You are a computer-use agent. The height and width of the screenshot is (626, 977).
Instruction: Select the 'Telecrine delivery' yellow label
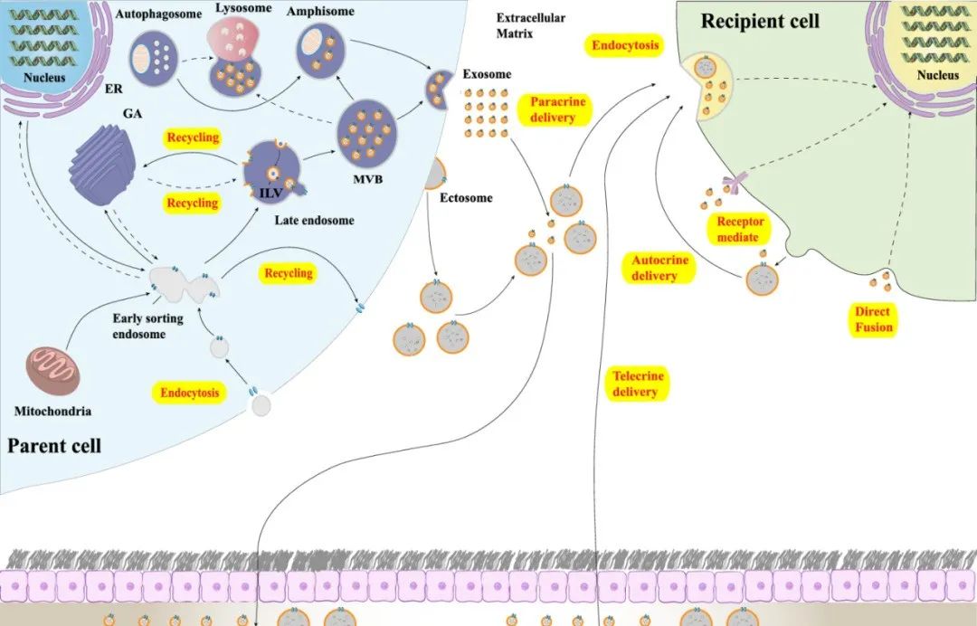[638, 384]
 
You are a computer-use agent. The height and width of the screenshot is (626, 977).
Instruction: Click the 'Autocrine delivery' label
[659, 268]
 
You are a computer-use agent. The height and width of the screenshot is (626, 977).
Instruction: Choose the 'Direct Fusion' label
[873, 319]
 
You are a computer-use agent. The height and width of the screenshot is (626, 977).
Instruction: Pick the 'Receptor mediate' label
[740, 229]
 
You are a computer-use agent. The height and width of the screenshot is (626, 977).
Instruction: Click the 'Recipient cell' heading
[761, 19]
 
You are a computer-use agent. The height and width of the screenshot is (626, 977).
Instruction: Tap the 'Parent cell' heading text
[53, 445]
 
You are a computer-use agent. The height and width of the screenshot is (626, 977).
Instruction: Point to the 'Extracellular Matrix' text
[531, 25]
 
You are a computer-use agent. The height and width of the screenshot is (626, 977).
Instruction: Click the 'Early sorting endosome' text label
[147, 326]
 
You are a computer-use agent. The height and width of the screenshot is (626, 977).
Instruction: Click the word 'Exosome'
[486, 74]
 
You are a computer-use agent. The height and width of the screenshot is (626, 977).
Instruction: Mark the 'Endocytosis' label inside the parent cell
[189, 393]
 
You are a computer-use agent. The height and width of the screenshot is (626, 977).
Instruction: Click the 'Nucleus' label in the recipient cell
[937, 75]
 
